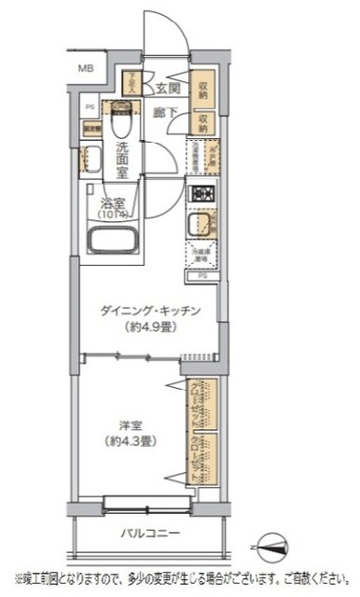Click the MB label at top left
(x=86, y=68)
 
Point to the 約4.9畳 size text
(x=151, y=328)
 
